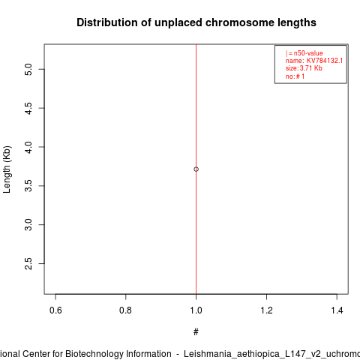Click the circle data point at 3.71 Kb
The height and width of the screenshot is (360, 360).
point(196,169)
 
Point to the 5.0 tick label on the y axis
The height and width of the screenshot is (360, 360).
point(28,69)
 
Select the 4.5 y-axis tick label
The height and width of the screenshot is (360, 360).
point(28,108)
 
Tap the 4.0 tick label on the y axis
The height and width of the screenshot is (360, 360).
point(28,147)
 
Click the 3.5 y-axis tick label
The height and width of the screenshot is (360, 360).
point(28,186)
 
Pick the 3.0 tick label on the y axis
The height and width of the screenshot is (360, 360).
point(28,225)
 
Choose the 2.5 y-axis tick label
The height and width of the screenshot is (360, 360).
point(28,263)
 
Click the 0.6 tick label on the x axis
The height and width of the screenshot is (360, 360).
point(55,310)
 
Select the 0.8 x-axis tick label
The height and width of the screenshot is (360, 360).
point(125,310)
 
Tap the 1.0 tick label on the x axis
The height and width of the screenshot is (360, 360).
point(196,310)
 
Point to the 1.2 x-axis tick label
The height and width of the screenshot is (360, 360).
point(266,310)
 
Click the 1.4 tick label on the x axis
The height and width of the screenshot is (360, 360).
point(337,310)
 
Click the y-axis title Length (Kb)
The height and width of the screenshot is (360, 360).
point(7,169)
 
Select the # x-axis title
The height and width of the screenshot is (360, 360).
point(196,332)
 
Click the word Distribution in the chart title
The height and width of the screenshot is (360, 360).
point(107,22)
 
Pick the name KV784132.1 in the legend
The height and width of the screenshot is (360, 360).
point(325,61)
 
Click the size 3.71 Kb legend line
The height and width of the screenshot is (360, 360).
point(304,68)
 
